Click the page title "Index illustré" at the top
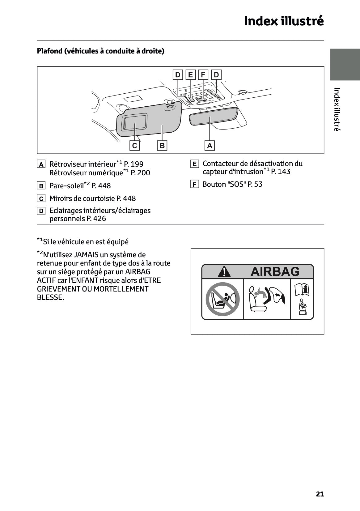coord(284,21)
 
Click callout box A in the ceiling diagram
coord(210,146)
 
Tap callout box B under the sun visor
coord(162,146)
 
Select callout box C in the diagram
coord(134,146)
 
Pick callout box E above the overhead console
coord(190,75)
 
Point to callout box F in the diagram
coord(203,75)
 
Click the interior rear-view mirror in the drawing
coord(213,116)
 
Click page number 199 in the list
coord(137,164)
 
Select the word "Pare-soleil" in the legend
coord(66,186)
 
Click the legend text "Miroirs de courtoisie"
coord(82,198)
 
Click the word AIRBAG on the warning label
coord(275,272)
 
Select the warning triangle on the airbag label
coord(224,272)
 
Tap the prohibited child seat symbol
coord(222,299)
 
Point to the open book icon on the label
coord(302,290)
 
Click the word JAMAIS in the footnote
coord(86,255)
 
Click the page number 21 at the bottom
coord(320,494)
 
